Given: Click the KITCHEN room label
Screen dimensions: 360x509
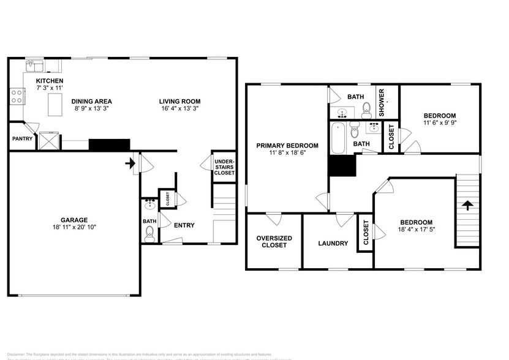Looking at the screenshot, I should click(50, 81).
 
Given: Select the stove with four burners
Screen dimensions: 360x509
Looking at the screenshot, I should click(17, 96).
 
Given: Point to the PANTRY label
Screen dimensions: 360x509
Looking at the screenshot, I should click(23, 139).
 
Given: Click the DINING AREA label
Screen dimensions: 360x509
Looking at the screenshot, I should click(91, 101).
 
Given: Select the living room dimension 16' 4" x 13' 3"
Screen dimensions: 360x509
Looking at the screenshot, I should click(179, 108).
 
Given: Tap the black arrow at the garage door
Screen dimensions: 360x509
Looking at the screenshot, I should click(129, 163).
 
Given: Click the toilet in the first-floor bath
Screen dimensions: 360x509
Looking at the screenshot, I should click(150, 232).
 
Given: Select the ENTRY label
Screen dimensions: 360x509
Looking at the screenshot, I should click(184, 225).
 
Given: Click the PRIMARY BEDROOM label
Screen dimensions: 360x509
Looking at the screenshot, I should click(287, 145).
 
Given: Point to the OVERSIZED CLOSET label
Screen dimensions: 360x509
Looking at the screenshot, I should click(274, 241).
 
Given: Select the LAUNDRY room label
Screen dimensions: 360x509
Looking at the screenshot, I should click(333, 243).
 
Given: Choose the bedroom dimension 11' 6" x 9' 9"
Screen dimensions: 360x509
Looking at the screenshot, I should click(440, 123).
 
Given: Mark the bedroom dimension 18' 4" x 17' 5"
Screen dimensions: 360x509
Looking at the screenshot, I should click(417, 230).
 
